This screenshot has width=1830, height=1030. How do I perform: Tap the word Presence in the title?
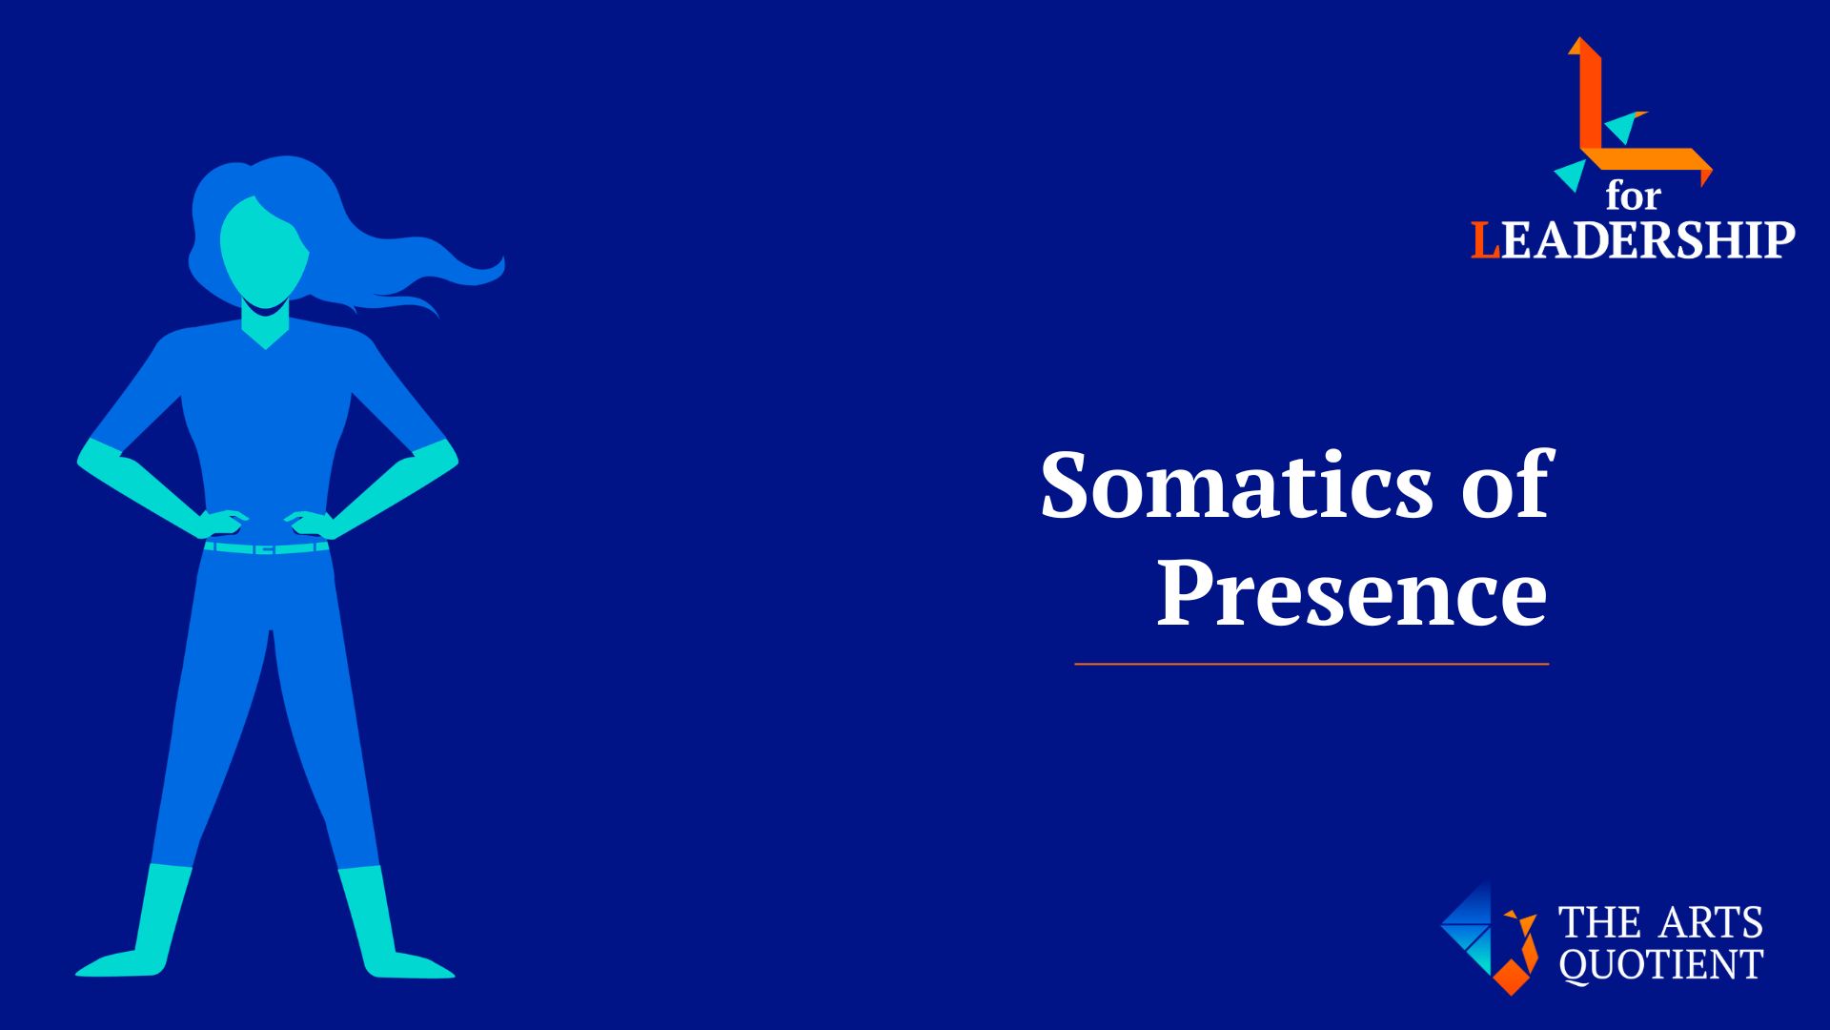[1352, 593]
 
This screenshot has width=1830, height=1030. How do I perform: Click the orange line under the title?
[1311, 663]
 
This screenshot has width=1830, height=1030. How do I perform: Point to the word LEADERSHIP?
[1633, 239]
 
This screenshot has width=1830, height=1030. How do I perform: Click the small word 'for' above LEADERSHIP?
[1633, 196]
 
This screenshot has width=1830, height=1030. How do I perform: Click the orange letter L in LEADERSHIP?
[1485, 240]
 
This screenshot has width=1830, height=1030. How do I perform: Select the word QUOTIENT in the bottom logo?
[1660, 964]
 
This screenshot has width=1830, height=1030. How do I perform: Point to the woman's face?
[263, 250]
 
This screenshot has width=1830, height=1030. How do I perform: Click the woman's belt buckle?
[266, 549]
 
